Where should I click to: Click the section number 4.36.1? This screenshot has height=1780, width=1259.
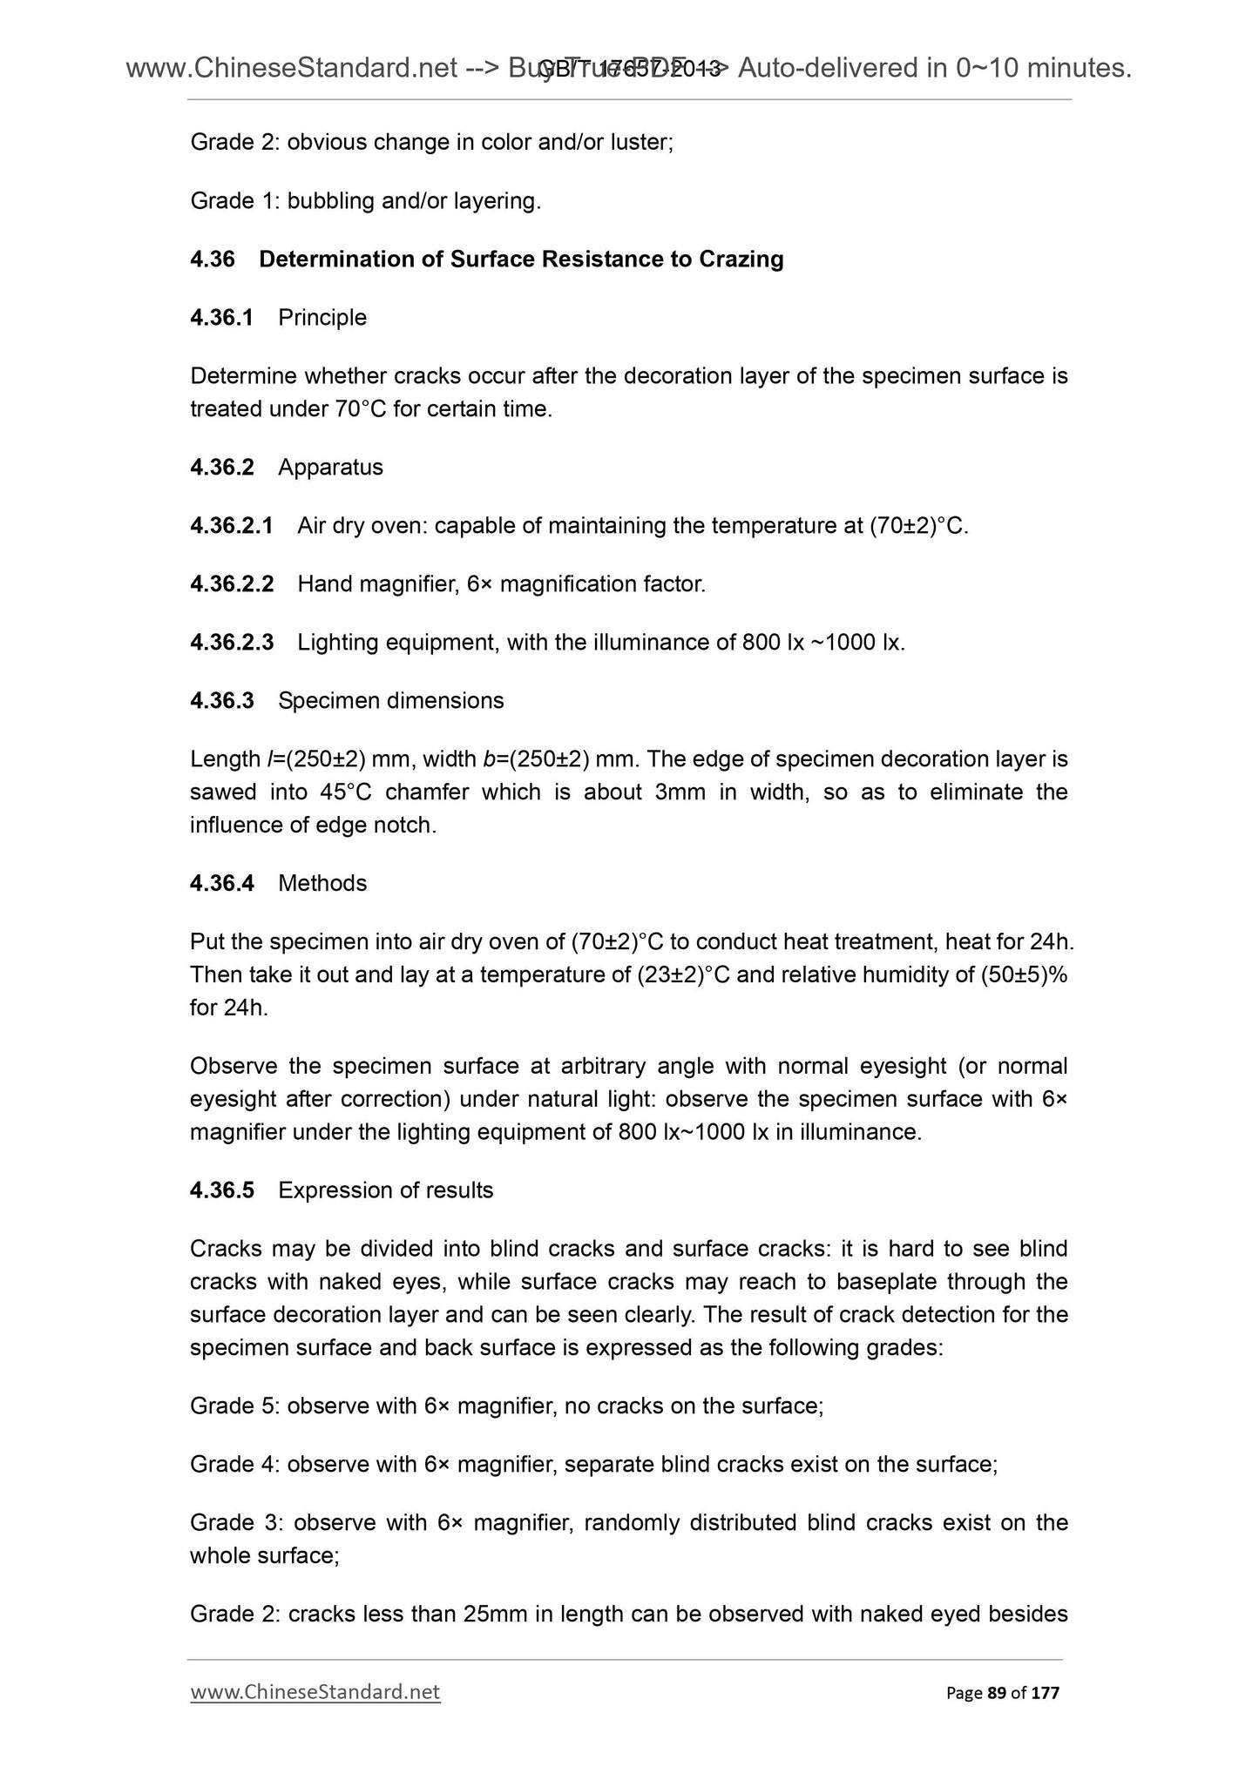221,318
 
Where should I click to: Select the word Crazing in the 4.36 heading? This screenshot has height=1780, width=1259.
741,260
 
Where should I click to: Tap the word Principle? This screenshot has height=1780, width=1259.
322,318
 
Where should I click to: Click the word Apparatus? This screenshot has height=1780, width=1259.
330,468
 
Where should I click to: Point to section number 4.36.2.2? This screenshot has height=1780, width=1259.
232,584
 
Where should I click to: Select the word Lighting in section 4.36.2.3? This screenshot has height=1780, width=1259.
337,643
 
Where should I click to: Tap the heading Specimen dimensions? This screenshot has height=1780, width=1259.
390,701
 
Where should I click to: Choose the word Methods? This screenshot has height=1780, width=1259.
322,884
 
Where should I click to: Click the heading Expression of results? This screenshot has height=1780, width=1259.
385,1190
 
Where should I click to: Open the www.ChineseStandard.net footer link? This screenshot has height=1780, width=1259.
315,1692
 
